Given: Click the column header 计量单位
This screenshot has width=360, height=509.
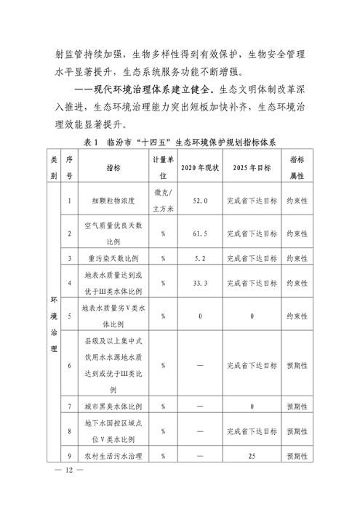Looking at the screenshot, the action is tap(163, 167).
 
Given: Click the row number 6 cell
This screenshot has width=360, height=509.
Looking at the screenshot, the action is tap(69, 365).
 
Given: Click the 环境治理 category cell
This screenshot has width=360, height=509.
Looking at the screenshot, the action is tap(54, 324).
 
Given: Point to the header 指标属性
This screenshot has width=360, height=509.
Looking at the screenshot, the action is tap(297, 167).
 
